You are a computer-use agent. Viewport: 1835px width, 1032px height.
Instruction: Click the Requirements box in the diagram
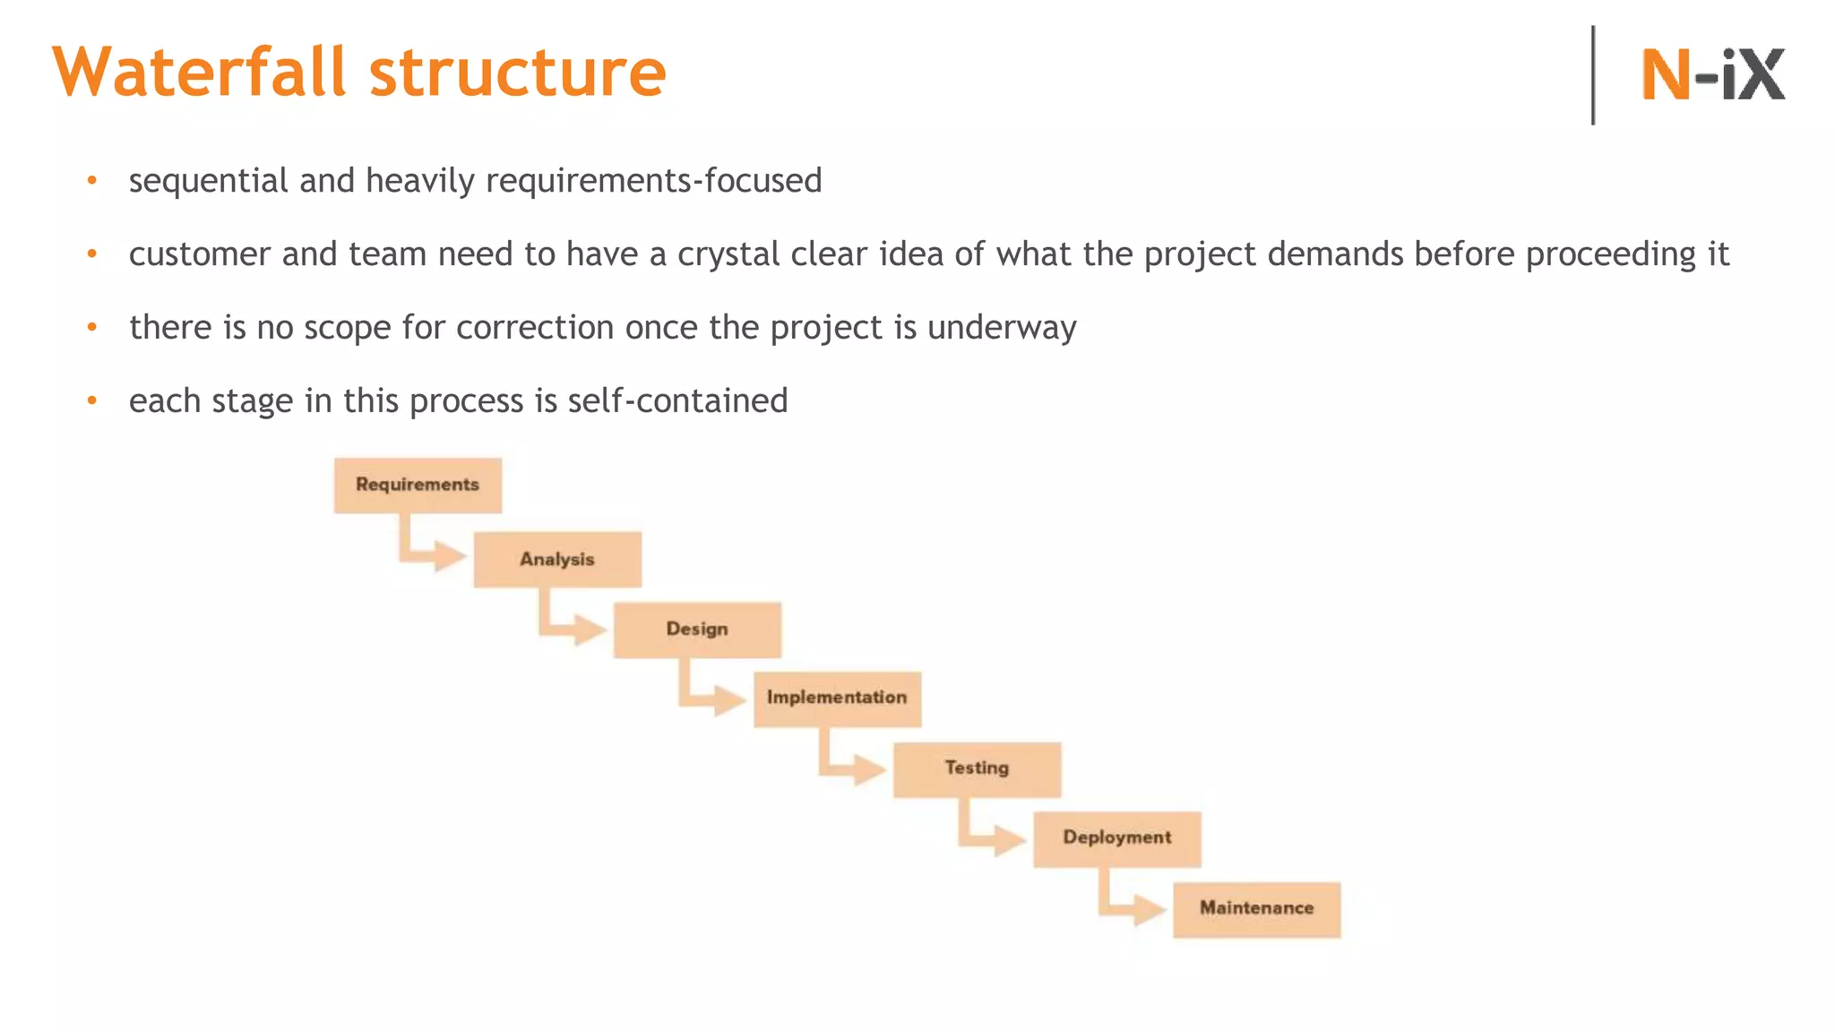(x=418, y=486)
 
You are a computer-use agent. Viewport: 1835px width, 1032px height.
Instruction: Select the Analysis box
(x=557, y=560)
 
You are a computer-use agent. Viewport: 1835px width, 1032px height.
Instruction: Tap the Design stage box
(x=697, y=630)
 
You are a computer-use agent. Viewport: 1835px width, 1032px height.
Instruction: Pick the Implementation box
(x=837, y=699)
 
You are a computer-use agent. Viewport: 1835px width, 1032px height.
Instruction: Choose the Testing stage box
(x=977, y=769)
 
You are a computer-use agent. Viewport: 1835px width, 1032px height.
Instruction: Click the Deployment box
(x=1116, y=838)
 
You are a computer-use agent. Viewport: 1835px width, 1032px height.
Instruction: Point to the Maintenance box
(x=1256, y=909)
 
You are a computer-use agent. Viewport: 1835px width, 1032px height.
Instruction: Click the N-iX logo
(x=1712, y=74)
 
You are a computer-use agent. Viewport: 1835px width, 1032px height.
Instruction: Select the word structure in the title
(x=518, y=72)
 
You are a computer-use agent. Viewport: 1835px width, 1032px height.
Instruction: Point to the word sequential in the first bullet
(x=209, y=181)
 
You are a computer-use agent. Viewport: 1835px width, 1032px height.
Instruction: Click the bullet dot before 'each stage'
(x=91, y=400)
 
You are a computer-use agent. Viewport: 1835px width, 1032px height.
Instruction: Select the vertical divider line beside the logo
(x=1593, y=75)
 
